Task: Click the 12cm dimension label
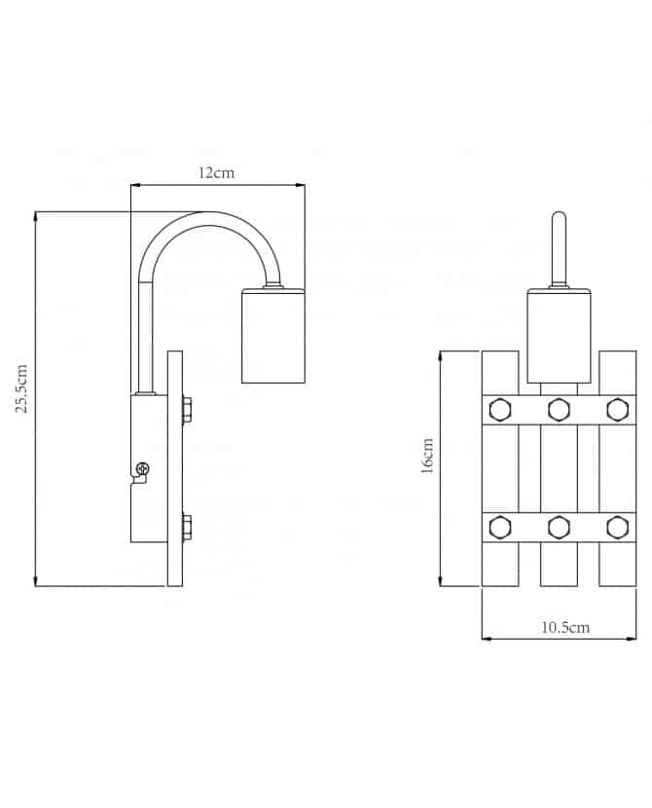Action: [216, 172]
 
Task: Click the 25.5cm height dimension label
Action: [21, 388]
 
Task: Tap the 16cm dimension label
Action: [427, 456]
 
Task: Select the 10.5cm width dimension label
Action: [565, 627]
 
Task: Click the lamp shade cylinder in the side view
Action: [273, 337]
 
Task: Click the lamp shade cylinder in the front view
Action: [559, 337]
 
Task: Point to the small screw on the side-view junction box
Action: [143, 469]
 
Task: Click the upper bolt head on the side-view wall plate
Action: [187, 410]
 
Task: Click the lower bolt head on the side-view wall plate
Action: [187, 528]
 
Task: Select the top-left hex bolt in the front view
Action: [499, 410]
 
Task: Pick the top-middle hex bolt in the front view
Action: [559, 410]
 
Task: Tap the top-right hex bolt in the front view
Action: [618, 410]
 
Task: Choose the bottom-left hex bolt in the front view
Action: [499, 528]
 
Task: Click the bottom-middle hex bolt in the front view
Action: [559, 528]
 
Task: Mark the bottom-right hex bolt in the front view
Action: [618, 528]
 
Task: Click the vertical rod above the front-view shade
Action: [559, 248]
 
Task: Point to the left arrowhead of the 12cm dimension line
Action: [135, 185]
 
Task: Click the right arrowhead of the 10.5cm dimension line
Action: [632, 639]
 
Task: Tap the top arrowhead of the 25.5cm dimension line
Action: [35, 215]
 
